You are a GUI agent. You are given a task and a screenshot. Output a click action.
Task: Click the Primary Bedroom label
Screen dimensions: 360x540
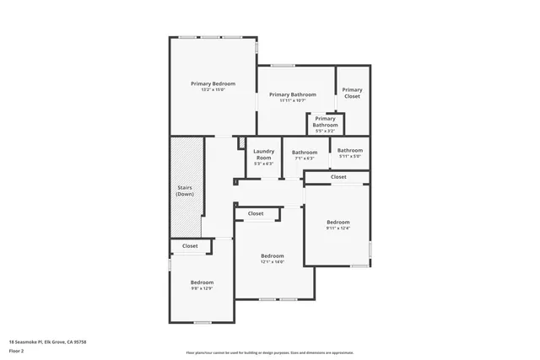coord(213,83)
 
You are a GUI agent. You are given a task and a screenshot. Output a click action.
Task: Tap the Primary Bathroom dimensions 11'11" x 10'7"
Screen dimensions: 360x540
coord(293,101)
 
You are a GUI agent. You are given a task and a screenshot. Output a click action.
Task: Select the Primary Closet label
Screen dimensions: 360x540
coord(352,93)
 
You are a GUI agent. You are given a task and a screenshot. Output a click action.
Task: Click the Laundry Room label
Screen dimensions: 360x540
coord(263,154)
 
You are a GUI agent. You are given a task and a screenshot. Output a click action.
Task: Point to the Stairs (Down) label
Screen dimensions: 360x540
coord(185,191)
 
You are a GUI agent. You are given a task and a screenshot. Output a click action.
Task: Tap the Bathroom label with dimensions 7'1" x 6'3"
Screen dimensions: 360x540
coord(305,152)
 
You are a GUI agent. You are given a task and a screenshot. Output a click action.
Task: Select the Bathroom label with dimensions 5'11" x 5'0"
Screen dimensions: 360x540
coord(350,150)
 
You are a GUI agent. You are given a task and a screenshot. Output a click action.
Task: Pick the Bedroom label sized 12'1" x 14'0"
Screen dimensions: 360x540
coord(273,255)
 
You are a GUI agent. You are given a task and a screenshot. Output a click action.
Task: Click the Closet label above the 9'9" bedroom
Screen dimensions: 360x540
coord(190,246)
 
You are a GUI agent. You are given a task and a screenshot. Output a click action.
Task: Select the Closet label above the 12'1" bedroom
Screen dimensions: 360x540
coord(256,214)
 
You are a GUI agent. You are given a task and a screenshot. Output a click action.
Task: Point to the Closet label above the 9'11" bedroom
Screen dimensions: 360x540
coord(338,177)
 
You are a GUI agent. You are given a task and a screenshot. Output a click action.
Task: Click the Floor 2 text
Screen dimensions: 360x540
coord(16,350)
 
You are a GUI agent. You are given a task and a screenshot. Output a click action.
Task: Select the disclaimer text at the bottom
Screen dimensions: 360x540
coord(270,353)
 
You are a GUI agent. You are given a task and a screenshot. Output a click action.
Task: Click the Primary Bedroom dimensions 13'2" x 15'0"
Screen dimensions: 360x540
coord(213,90)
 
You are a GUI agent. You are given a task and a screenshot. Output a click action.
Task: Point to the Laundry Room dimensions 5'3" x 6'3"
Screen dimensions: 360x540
coord(263,164)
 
